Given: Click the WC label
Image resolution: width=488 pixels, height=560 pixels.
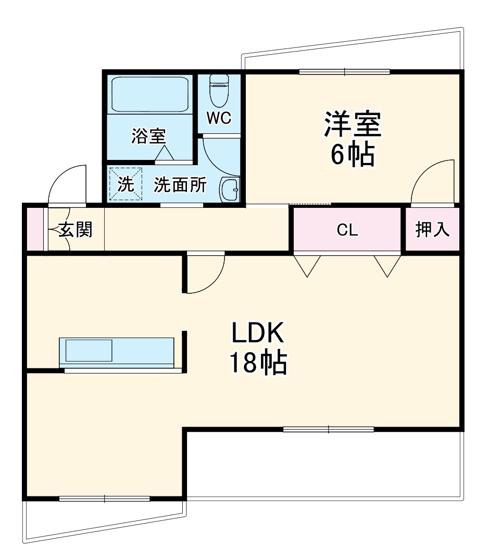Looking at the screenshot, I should coord(219,118).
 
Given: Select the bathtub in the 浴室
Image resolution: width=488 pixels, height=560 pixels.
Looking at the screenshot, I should coord(149,95).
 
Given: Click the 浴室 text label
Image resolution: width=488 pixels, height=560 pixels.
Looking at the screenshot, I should coord(148,136).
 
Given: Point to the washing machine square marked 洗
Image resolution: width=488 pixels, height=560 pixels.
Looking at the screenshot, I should coord(126,184).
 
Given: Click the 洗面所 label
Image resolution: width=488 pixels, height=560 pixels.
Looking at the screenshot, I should coord(180,185).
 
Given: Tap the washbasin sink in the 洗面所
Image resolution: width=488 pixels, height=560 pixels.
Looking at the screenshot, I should coord(230,190).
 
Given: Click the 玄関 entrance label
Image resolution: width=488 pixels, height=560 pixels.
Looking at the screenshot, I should coord(76,229).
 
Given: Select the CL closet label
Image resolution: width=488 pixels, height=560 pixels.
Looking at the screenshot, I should coord(347,230).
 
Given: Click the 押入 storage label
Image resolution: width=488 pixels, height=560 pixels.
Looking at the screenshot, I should coord(433,230).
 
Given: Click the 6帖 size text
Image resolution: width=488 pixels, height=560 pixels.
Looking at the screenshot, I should coord(353,154).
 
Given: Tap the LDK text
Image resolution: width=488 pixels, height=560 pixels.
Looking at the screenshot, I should coord(257,333).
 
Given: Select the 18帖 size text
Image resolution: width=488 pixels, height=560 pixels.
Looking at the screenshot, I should coord(257,363).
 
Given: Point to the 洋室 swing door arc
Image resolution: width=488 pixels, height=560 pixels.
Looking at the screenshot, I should coord(432,182).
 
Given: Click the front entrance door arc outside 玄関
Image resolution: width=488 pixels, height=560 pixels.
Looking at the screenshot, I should coord(67,184).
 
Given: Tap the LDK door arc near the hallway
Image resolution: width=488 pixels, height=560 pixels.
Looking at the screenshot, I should coord(206,273).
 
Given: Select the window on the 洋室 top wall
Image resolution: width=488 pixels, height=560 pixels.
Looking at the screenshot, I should coord(344,71).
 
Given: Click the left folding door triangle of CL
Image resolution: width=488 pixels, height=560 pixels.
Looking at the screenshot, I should coord(307,265).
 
